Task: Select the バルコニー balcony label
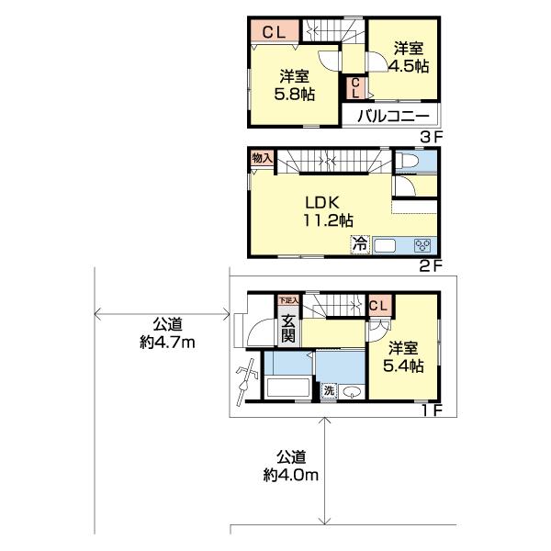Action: coord(393,117)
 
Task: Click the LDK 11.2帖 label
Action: coord(327,210)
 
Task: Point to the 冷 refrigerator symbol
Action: coord(360,244)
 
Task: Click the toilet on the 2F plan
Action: coord(409,163)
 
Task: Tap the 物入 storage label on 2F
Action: coord(261,158)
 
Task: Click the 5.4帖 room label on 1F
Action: coord(404,356)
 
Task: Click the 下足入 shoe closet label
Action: coord(288,300)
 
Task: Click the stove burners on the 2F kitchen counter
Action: coord(423,245)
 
